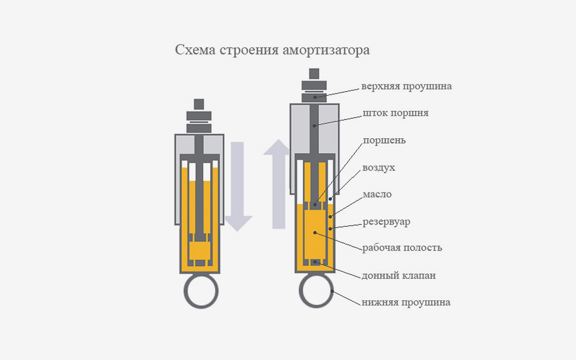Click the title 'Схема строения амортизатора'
click(272, 50)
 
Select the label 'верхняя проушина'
click(407, 87)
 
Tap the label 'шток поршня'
click(395, 114)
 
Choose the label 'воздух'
click(379, 168)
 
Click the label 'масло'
click(377, 194)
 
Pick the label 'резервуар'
click(386, 222)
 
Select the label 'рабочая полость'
click(402, 249)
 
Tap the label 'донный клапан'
click(399, 276)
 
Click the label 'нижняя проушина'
click(406, 303)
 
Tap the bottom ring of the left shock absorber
click(201, 292)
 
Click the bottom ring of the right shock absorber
click(316, 292)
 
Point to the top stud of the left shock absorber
click(199, 104)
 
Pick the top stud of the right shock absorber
click(314, 73)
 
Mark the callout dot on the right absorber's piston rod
click(314, 126)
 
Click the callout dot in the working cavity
click(315, 233)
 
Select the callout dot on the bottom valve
click(315, 262)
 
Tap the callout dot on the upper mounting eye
click(315, 97)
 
